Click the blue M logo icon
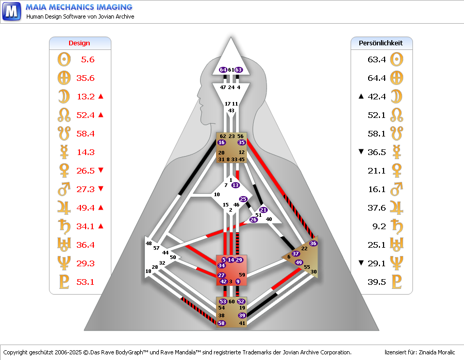pos(11,11)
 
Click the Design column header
pos(79,43)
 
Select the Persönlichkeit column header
pos(380,43)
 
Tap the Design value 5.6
pos(88,60)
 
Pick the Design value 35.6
pos(85,78)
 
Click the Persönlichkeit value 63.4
pos(376,60)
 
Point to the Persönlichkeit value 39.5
pos(376,282)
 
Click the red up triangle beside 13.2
pos(101,96)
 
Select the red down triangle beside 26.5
pos(101,170)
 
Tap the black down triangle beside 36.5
pos(360,152)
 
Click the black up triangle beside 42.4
pos(360,96)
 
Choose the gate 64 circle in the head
pos(223,70)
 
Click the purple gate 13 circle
pos(236,185)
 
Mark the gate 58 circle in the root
pos(222,323)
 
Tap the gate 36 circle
pos(313,243)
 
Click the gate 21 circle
pos(263,210)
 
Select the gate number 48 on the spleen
pos(149,243)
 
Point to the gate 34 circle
pos(221,265)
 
